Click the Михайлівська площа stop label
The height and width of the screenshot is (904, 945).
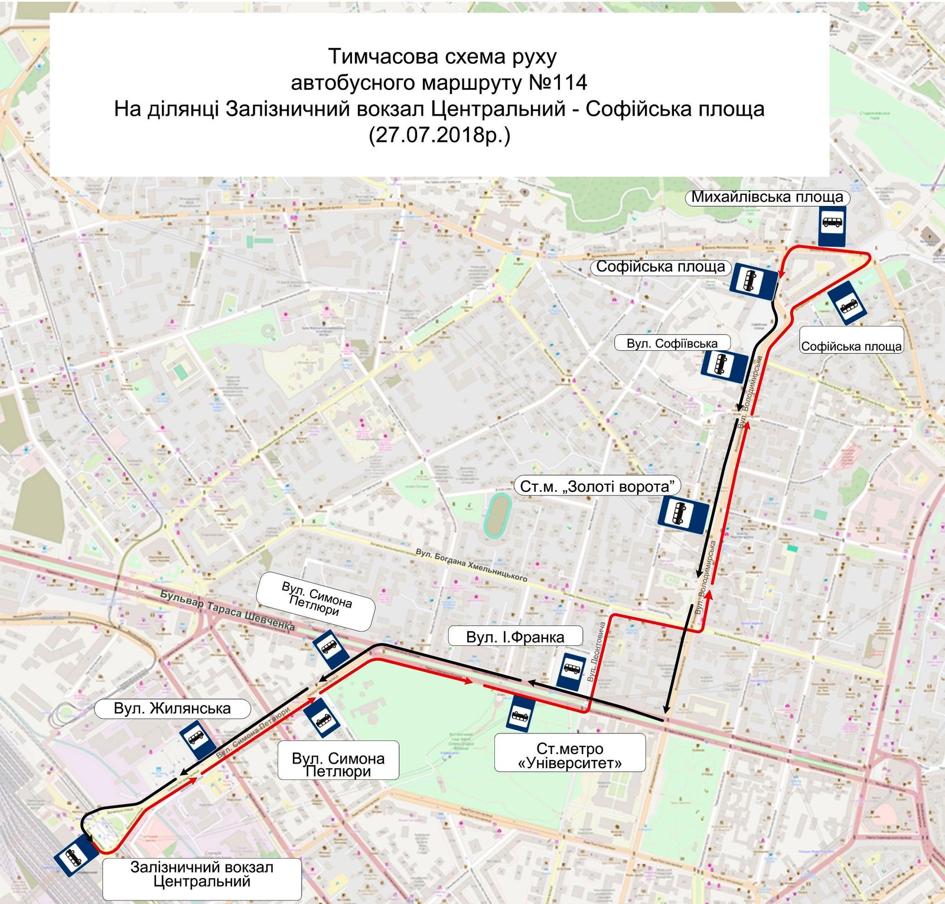point(767,197)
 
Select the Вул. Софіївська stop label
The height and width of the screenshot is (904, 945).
point(672,343)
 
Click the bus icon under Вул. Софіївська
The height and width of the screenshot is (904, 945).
point(725,365)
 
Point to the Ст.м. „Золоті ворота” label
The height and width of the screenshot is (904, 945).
point(597,487)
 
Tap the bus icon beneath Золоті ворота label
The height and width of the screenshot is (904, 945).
point(683,514)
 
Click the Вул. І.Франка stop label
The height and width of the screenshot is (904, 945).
point(515,637)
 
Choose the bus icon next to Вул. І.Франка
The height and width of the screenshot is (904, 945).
point(571,671)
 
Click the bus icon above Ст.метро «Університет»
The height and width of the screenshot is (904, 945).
point(520,714)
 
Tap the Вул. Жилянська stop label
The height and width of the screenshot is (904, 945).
point(172,708)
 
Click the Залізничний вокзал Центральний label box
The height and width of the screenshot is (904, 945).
point(201,874)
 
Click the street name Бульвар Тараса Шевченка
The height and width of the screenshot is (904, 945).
point(227,610)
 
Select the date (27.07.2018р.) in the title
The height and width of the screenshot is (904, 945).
point(439,135)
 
